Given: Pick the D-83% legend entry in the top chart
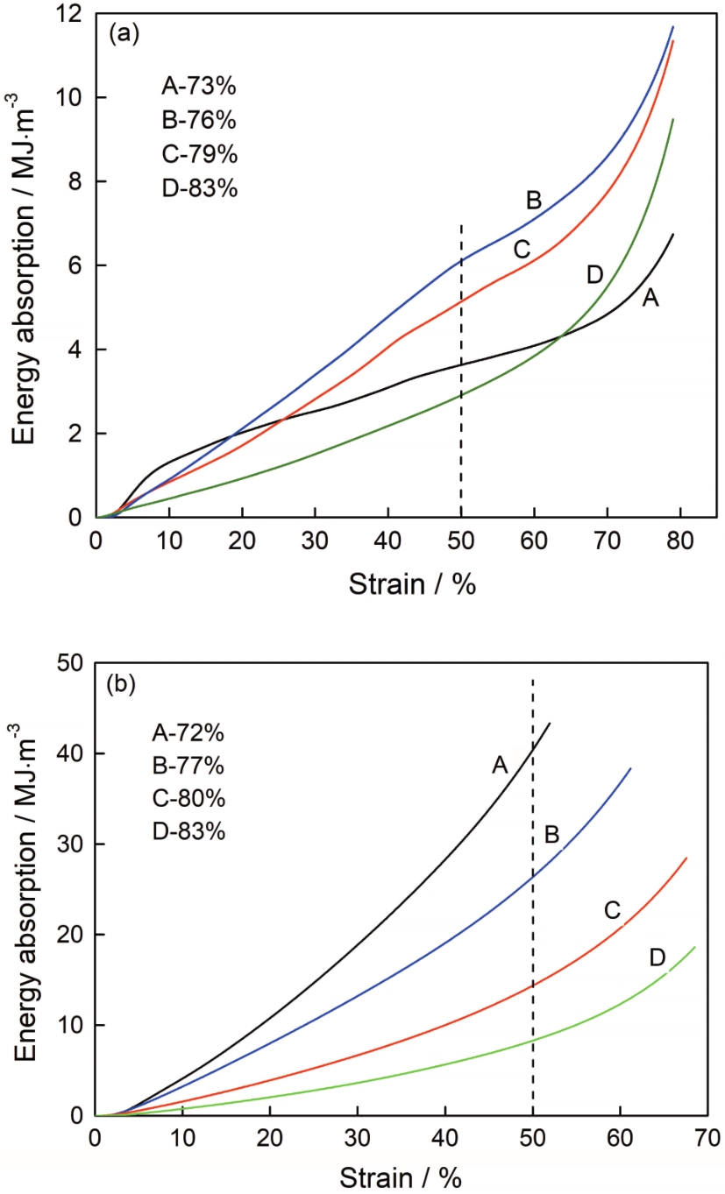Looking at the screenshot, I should click(x=199, y=187).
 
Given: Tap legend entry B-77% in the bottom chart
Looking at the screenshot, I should click(x=188, y=765).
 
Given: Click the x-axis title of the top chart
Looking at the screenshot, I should click(x=412, y=583).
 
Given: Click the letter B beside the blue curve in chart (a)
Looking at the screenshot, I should click(x=534, y=201).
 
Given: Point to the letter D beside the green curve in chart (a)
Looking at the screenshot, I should click(x=595, y=275).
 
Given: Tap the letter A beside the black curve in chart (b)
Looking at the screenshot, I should click(x=500, y=766).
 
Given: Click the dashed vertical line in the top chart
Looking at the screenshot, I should click(x=461, y=368).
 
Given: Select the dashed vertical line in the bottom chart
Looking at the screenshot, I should click(x=533, y=876).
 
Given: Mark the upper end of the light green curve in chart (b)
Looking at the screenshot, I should click(x=695, y=947).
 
